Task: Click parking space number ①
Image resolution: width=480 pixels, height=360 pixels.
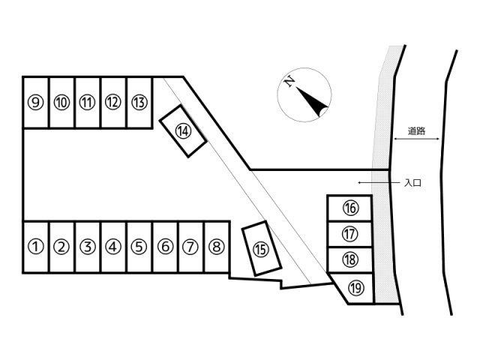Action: (x=36, y=247)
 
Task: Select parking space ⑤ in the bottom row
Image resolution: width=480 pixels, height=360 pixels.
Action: (x=139, y=247)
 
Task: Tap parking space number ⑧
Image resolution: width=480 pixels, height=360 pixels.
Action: (x=217, y=247)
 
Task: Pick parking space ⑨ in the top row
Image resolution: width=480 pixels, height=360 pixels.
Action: (x=36, y=102)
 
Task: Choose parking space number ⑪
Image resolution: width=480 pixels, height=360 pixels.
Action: (x=88, y=102)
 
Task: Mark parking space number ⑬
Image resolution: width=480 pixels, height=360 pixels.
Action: (x=139, y=102)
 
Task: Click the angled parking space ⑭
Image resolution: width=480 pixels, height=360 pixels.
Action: (x=183, y=131)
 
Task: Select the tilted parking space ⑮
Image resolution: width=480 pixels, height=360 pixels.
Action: (x=262, y=248)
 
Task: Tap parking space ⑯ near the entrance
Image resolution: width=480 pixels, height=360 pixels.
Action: (x=350, y=208)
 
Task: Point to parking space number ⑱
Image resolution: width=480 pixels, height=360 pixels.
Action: (x=350, y=259)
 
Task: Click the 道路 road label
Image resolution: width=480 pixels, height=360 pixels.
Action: (x=417, y=131)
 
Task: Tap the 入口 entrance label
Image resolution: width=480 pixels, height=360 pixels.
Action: (x=412, y=183)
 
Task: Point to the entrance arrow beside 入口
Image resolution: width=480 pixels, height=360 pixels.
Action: (x=379, y=183)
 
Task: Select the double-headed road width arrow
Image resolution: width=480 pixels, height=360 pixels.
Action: (x=417, y=139)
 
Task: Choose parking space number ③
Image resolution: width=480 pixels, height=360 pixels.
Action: (x=88, y=247)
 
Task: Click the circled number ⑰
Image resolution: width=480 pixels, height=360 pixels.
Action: (x=349, y=234)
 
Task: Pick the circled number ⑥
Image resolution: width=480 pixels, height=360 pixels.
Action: (x=165, y=247)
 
